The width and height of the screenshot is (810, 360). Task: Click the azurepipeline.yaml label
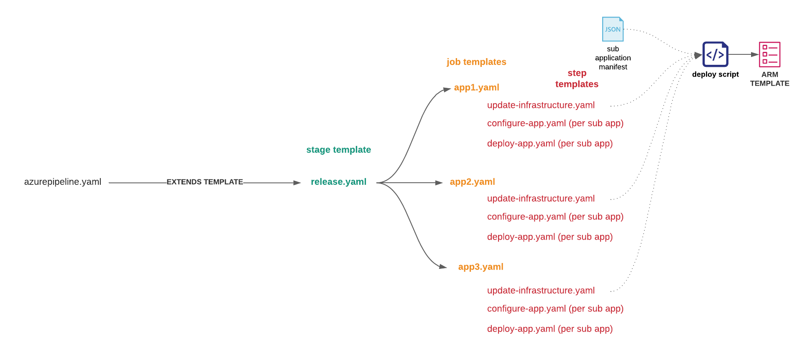click(63, 182)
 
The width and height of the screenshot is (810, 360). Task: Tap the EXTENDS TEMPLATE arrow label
click(204, 182)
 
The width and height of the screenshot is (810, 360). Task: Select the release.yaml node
click(338, 182)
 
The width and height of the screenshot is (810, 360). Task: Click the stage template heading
click(338, 150)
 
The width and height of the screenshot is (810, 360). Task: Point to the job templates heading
click(476, 62)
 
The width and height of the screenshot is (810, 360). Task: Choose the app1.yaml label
click(476, 87)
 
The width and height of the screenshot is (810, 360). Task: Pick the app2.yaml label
click(472, 182)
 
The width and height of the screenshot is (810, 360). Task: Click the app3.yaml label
click(480, 267)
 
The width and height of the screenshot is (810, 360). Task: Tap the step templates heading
click(577, 79)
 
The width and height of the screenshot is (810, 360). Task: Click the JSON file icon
click(613, 29)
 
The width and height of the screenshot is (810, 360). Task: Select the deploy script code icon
click(715, 54)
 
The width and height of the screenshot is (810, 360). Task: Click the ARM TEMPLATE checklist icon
click(769, 55)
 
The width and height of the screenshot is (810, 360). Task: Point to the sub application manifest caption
click(613, 58)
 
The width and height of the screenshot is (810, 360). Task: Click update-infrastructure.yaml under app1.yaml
click(541, 105)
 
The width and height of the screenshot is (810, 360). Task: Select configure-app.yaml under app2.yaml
click(555, 217)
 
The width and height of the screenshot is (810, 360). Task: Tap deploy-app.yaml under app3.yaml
click(549, 329)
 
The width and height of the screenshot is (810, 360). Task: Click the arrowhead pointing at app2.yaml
click(439, 183)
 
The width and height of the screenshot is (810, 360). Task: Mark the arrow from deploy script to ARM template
click(744, 54)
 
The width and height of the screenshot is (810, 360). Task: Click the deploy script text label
click(715, 74)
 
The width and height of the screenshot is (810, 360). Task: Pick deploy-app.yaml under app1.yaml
click(549, 143)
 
